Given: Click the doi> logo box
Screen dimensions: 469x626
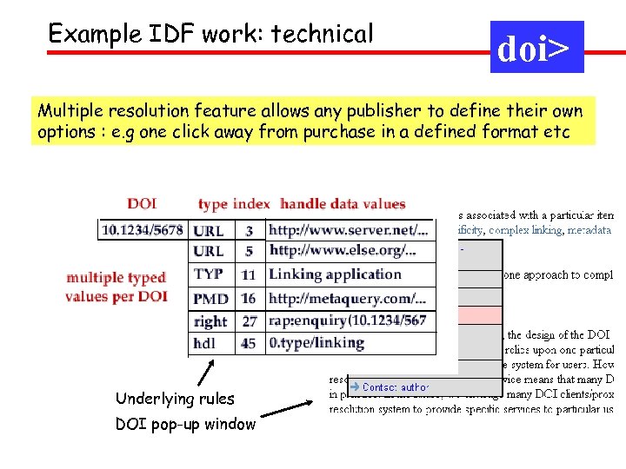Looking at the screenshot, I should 536,47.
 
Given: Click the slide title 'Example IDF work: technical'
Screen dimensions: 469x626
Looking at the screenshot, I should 210,34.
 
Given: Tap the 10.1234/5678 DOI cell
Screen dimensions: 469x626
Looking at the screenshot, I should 143,230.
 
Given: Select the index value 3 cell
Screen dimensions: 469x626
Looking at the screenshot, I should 249,231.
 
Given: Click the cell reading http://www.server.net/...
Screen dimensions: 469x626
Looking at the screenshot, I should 349,231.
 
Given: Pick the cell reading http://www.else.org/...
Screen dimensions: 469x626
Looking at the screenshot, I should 343,251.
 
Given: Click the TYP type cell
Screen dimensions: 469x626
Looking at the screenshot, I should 209,274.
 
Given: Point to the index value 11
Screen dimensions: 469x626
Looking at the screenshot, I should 249,274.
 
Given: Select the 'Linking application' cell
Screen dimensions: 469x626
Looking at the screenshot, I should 335,274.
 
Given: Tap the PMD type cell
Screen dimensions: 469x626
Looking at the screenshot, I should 211,298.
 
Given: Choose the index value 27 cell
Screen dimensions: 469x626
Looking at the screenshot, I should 250,320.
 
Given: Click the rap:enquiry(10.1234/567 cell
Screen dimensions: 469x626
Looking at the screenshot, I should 347,320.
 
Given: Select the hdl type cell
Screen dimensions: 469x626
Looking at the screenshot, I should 205,343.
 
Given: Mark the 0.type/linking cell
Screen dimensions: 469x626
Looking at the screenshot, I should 316,343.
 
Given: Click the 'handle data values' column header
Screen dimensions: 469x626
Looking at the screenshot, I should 343,204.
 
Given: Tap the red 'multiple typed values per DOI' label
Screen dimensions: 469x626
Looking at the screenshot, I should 116,287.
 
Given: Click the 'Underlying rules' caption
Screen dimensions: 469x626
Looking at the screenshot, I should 175,399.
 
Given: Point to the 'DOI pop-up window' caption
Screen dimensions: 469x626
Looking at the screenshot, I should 185,425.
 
